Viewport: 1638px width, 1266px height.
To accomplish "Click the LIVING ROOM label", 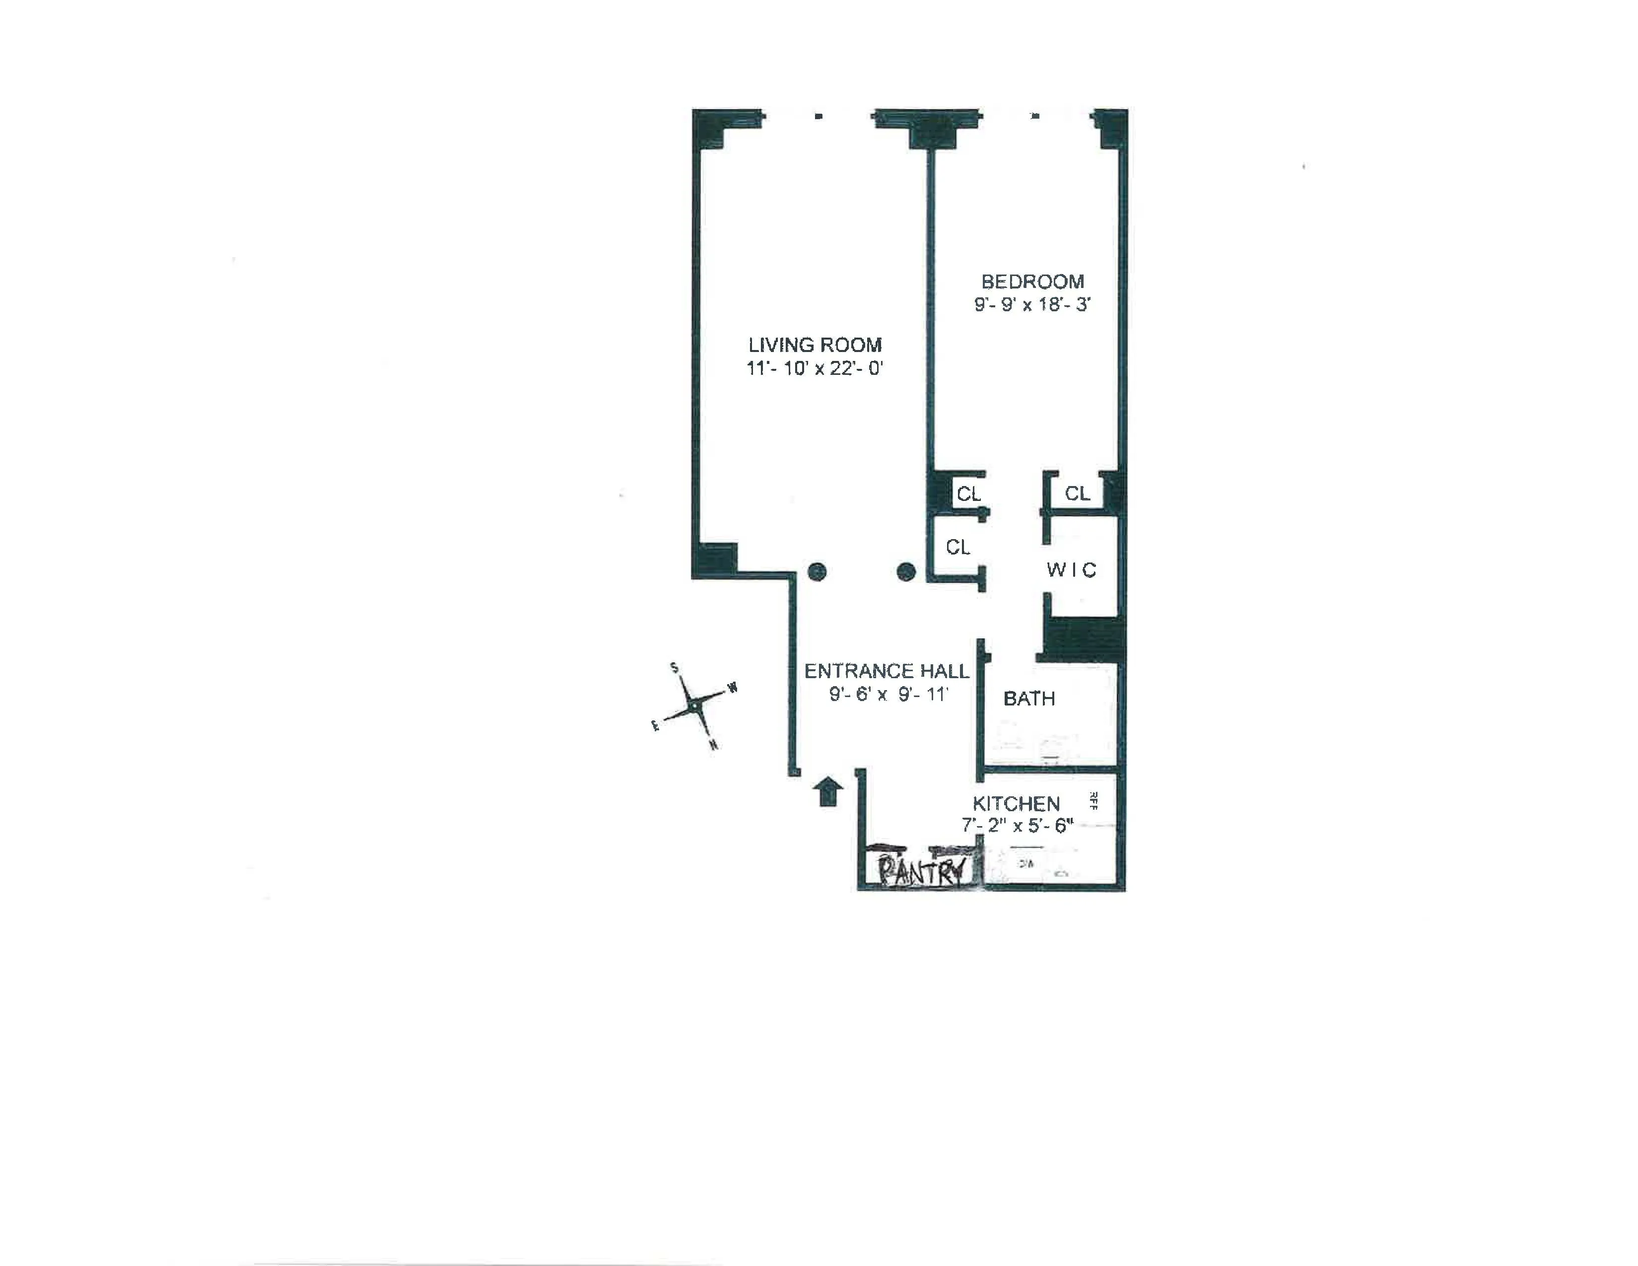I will [x=815, y=345].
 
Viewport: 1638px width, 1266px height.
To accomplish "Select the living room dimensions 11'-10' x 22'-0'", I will [x=815, y=368].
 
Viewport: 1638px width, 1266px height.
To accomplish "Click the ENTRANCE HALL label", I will [x=887, y=671].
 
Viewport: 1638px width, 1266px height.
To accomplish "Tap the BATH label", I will [x=1029, y=699].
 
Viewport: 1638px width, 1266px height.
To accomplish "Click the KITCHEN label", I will [x=1016, y=804].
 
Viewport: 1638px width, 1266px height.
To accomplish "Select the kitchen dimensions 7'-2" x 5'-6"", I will [x=1018, y=826].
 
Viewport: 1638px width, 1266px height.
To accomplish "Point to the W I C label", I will [x=1071, y=570].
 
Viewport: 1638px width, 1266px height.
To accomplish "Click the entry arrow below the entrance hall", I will [x=827, y=792].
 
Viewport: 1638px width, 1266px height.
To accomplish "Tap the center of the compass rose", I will [x=696, y=706].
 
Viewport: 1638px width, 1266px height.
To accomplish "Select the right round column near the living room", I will [x=906, y=571].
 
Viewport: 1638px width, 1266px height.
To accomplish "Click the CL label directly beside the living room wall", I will [x=968, y=494].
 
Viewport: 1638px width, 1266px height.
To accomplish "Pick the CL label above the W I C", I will [x=1077, y=493].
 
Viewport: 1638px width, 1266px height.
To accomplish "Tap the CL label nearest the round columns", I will [x=958, y=548].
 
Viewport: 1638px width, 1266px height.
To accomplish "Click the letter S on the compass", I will [x=674, y=667].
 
